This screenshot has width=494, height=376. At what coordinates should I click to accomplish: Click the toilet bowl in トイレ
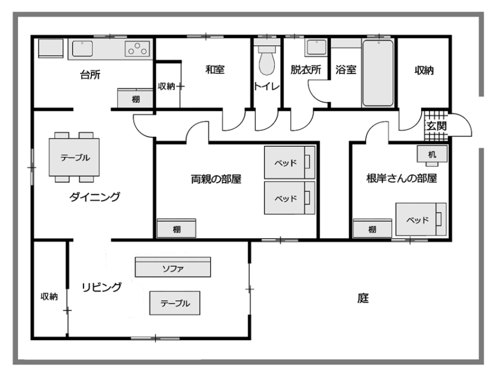click(267, 61)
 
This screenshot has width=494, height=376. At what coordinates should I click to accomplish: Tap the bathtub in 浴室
click(378, 73)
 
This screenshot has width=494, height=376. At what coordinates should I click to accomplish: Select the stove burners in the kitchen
click(137, 49)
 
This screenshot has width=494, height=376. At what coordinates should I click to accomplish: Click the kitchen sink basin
click(82, 48)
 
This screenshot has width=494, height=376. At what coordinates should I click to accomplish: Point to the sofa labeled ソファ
click(173, 267)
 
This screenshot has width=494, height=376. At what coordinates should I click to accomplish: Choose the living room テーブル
click(175, 303)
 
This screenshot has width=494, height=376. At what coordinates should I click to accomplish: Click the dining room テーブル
click(74, 157)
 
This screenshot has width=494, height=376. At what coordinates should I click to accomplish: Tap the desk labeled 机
click(432, 154)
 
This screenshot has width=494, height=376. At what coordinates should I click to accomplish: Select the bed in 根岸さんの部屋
click(421, 219)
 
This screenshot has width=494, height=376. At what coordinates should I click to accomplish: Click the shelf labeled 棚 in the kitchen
click(135, 98)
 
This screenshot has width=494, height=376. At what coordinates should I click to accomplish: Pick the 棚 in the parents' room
click(176, 229)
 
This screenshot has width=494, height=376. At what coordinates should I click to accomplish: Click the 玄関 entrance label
click(436, 127)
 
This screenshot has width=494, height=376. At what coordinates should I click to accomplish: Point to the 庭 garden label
click(363, 298)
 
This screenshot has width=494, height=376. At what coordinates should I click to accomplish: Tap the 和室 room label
click(215, 69)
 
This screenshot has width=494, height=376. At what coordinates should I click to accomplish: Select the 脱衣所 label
click(306, 70)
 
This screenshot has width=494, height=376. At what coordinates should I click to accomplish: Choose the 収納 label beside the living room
click(49, 297)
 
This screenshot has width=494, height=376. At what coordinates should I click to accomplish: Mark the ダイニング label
click(94, 197)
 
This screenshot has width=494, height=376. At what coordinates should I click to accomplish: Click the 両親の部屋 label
click(216, 179)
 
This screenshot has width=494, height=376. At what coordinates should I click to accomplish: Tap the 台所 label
click(90, 75)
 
